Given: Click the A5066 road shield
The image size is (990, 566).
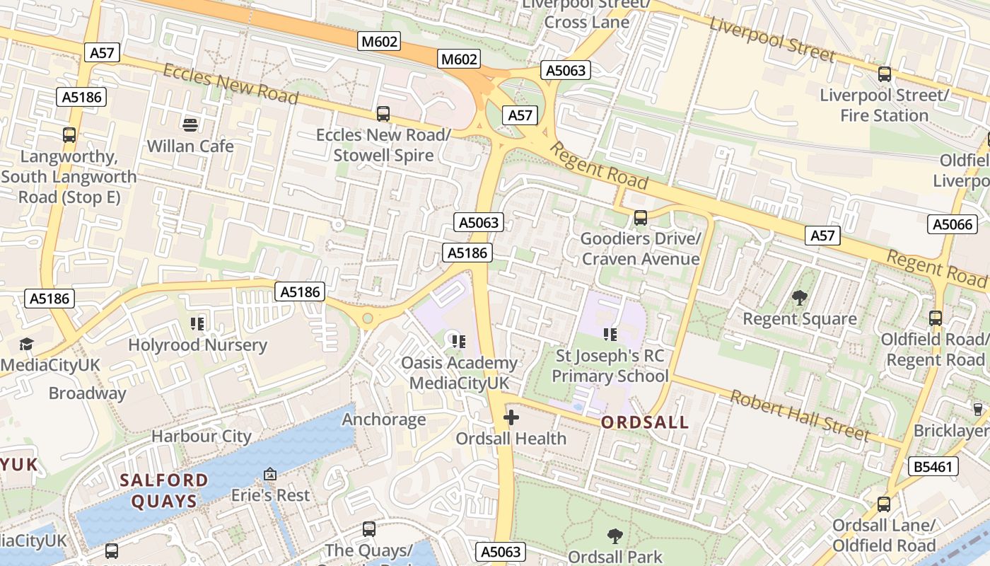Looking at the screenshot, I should [953, 224].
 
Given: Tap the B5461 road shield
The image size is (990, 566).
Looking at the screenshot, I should [933, 466].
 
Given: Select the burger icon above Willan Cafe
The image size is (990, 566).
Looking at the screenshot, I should [190, 125].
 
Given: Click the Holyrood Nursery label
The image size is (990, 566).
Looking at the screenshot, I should [197, 345].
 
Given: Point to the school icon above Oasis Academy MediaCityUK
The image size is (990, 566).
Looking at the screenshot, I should [458, 342].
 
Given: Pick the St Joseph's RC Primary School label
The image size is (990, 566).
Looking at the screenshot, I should [610, 366].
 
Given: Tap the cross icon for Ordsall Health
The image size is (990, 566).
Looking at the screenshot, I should [511, 417].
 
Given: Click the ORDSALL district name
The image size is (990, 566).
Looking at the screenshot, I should [644, 422].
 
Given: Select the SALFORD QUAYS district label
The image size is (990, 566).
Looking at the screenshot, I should [164, 490].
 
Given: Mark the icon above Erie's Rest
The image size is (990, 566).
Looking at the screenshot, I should [269, 474].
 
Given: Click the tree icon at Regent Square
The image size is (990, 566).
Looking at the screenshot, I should [799, 298].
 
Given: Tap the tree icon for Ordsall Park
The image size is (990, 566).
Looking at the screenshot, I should [615, 536].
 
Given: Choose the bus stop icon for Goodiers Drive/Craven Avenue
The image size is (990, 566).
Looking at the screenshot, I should [641, 218].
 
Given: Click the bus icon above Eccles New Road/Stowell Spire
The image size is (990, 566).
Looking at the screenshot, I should [383, 113].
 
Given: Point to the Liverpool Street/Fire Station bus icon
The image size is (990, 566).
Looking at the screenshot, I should [884, 74].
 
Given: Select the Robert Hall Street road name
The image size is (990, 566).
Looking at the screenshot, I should [799, 415].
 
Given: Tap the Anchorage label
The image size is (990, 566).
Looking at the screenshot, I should [384, 420].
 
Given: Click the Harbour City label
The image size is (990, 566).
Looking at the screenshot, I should [202, 436].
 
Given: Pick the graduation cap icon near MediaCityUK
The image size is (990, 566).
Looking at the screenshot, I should [26, 344].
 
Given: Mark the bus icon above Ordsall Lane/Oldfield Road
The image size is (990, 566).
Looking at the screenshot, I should [884, 504].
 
